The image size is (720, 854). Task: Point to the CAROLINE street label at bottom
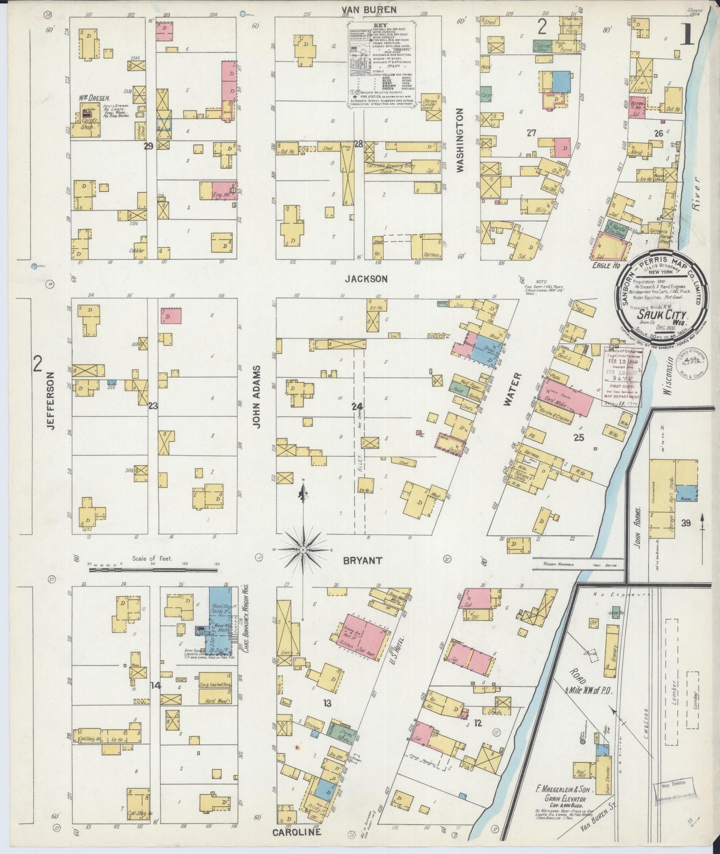(x=296, y=832)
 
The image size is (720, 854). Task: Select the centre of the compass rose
(x=303, y=549)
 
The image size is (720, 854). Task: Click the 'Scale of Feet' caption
(x=152, y=558)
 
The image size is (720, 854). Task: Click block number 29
(x=148, y=146)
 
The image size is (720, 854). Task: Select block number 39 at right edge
(x=686, y=523)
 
